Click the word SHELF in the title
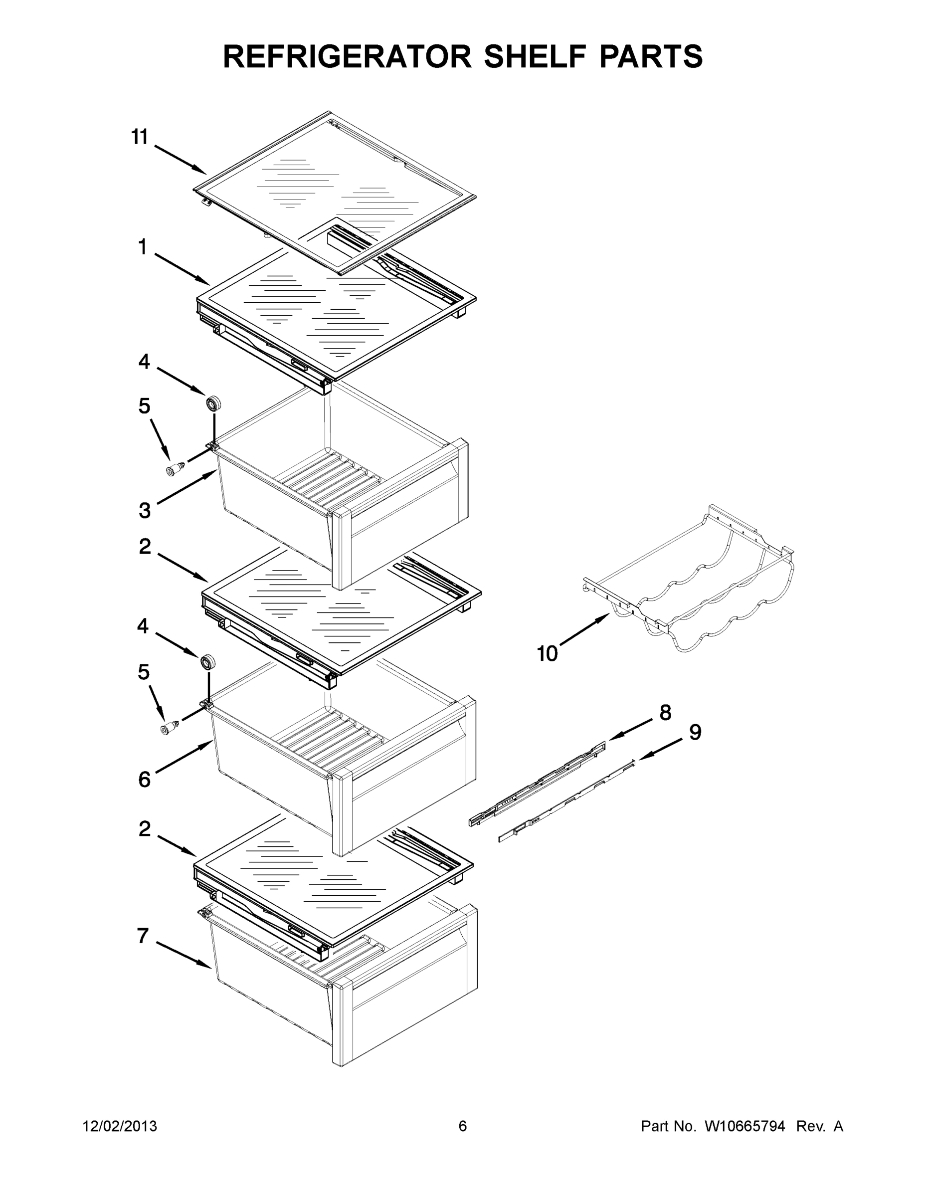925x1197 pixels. [x=540, y=56]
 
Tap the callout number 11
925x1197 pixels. [x=140, y=137]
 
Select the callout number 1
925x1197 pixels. [x=143, y=247]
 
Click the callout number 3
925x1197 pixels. [x=144, y=510]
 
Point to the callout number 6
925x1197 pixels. [x=144, y=779]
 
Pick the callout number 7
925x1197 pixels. [x=143, y=936]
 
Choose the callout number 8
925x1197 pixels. [x=665, y=713]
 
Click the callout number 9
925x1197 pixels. [x=695, y=732]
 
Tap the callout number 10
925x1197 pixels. [x=547, y=653]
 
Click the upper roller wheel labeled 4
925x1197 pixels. [x=212, y=403]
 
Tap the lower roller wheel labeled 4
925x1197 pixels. [x=207, y=662]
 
